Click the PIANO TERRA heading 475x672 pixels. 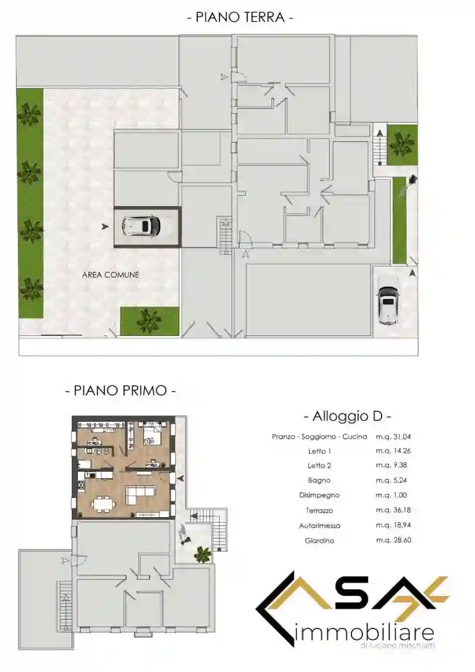click(x=240, y=17)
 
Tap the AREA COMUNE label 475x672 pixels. click(x=111, y=275)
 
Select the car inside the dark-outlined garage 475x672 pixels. click(x=141, y=225)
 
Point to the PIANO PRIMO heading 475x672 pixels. click(x=120, y=389)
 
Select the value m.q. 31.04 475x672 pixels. click(x=393, y=436)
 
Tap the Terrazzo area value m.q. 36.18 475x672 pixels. click(x=393, y=511)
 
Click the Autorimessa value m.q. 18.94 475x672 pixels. click(x=393, y=525)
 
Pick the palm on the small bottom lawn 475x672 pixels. click(x=149, y=321)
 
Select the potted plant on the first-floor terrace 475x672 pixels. click(x=203, y=554)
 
